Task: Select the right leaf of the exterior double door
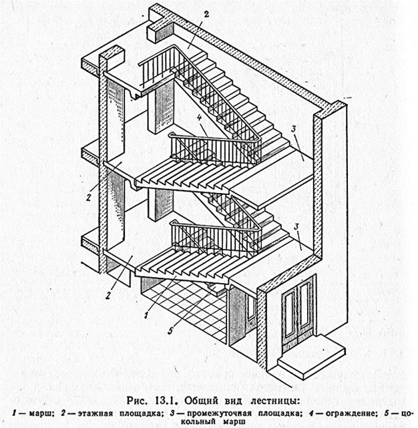[306, 307]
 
